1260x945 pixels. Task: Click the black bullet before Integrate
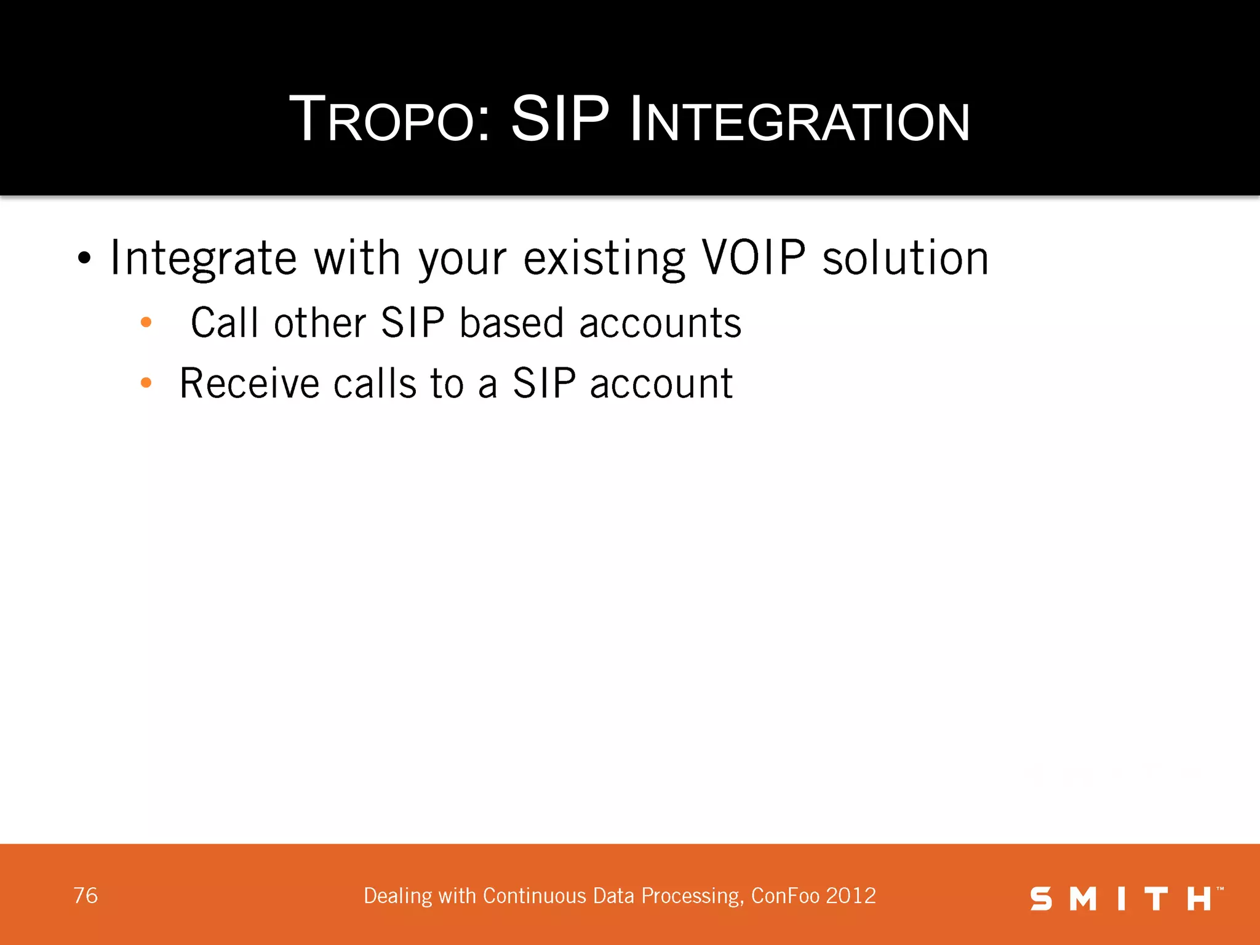click(84, 259)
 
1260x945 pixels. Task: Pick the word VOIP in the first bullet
click(754, 258)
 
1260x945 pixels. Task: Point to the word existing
click(604, 259)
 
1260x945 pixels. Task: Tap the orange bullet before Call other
click(146, 322)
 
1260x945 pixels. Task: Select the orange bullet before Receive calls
click(146, 383)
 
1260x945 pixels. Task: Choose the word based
click(511, 323)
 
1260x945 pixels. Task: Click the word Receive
click(249, 383)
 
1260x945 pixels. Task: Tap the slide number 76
click(86, 896)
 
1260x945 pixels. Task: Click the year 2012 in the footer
click(851, 896)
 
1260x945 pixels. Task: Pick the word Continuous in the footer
click(534, 896)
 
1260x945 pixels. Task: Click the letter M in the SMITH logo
click(1083, 899)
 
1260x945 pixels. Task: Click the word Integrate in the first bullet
click(203, 259)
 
